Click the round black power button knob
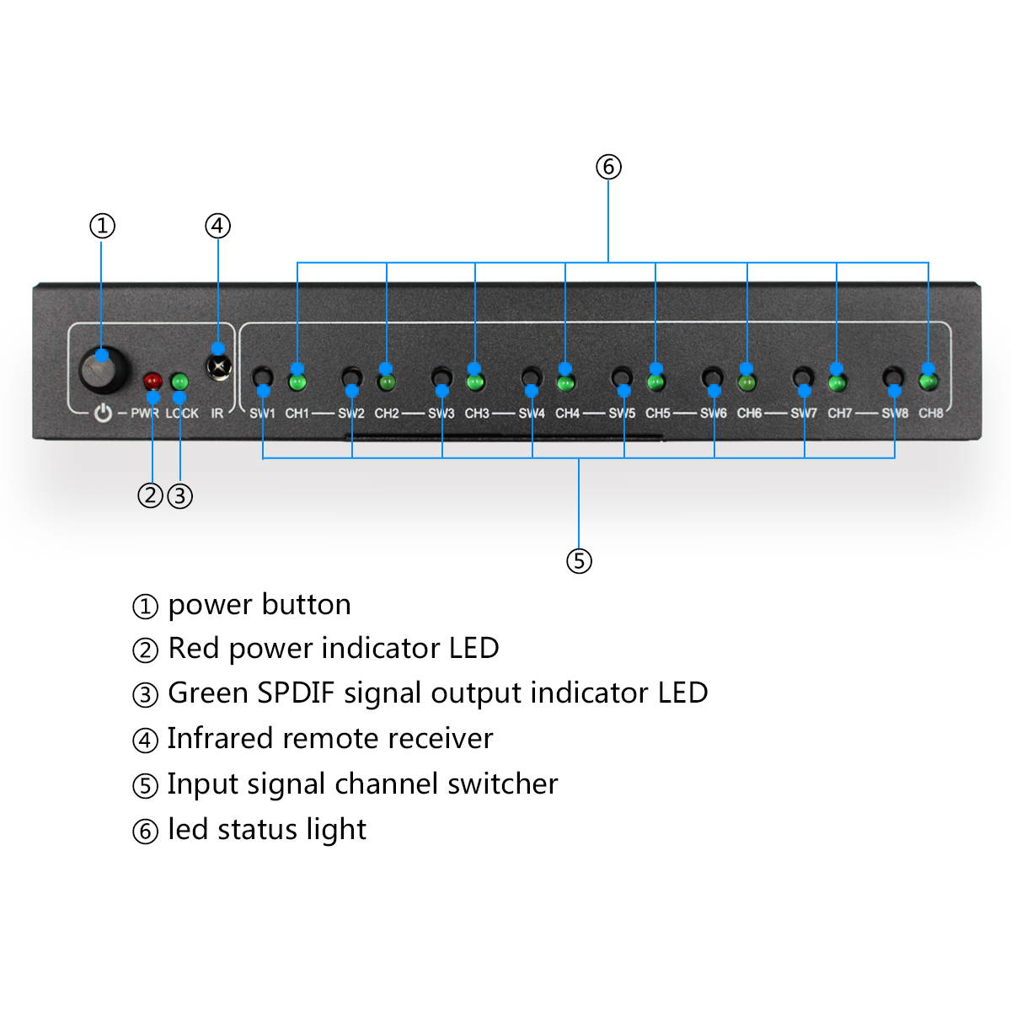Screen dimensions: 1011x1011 (103, 370)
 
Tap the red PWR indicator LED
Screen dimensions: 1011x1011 (152, 382)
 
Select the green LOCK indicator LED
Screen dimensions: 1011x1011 (179, 382)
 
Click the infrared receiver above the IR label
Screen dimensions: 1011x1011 (218, 367)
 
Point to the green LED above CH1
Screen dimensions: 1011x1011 (297, 382)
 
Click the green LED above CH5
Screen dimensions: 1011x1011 (656, 382)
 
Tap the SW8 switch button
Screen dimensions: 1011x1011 (893, 377)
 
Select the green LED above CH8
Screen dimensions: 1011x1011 (928, 382)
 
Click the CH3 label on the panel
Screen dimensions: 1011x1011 (477, 413)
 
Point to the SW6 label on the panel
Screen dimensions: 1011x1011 (713, 413)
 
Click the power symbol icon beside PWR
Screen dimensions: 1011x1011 (103, 413)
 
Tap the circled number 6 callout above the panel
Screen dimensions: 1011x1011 (608, 167)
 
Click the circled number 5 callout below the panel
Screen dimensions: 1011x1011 (579, 561)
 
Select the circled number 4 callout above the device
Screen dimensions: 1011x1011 (217, 226)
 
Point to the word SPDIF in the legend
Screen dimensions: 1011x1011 (296, 693)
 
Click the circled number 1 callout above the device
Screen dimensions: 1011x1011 (102, 226)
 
